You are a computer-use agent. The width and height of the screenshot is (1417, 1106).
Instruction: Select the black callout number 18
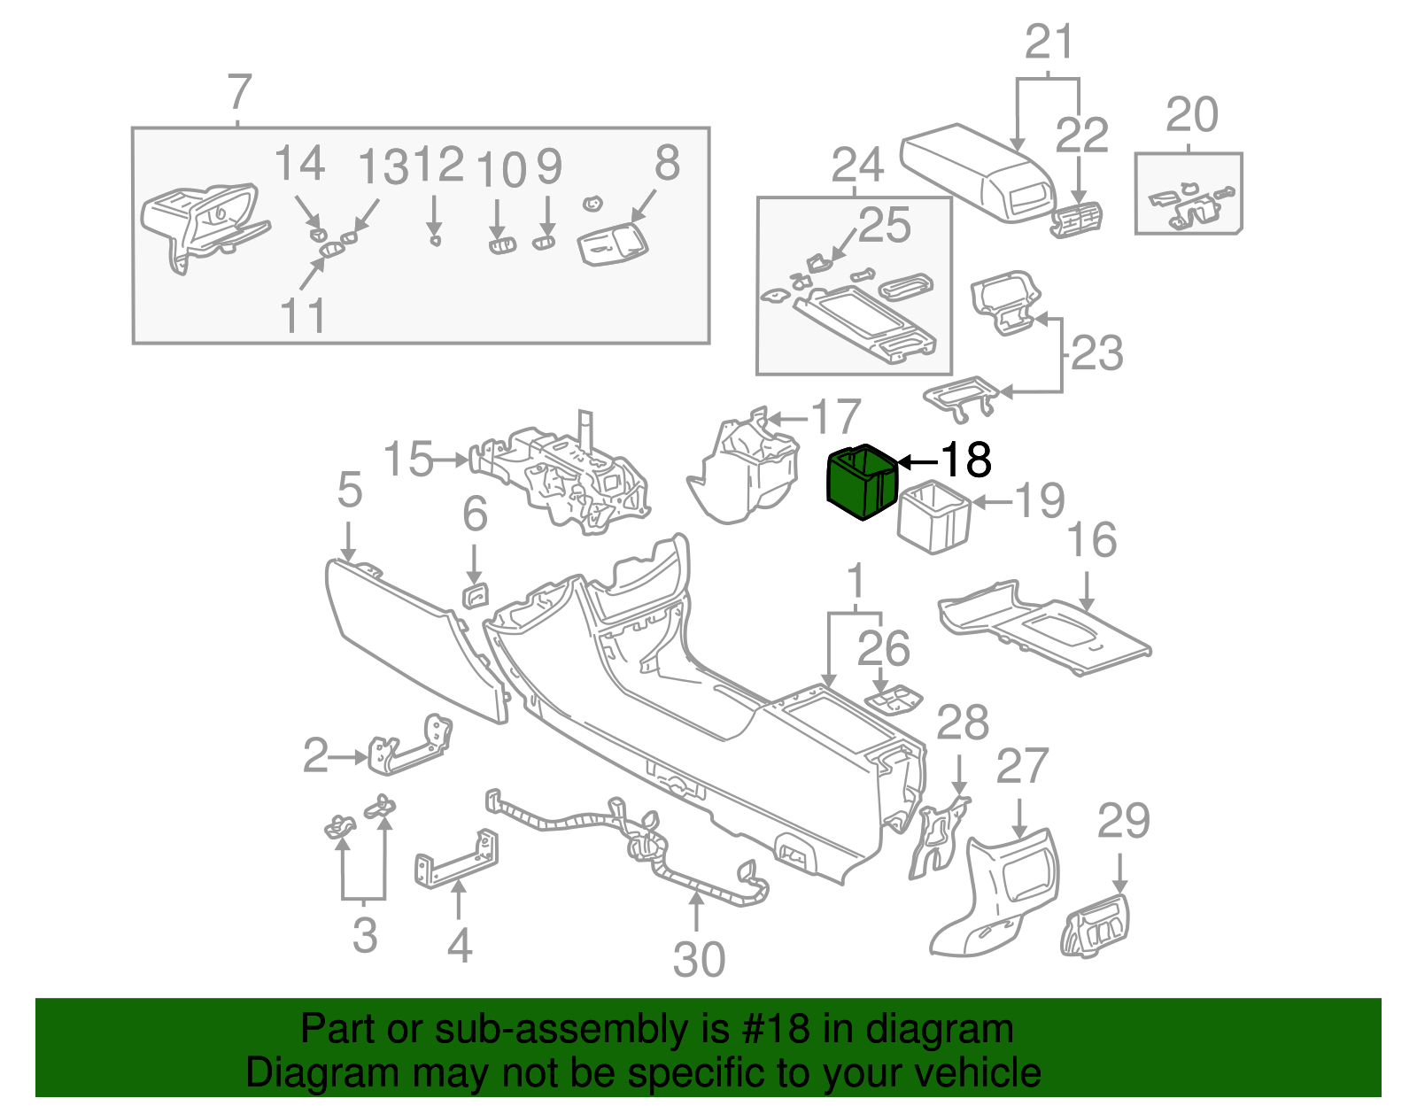coord(965,460)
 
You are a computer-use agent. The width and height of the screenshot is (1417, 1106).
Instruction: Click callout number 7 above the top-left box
coord(239,92)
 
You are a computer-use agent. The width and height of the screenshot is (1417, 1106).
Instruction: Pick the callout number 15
coord(408,460)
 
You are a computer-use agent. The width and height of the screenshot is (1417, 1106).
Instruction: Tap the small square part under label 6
coord(476,596)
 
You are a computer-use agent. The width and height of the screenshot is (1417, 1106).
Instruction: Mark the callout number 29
coord(1123,821)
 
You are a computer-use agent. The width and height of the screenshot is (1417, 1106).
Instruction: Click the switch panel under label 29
coord(1096,925)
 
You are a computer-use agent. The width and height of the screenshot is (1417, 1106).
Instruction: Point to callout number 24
coord(857,166)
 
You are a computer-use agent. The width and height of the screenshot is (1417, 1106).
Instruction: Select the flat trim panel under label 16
coord(1045,629)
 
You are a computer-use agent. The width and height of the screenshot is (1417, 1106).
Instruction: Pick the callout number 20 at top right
coord(1191,115)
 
